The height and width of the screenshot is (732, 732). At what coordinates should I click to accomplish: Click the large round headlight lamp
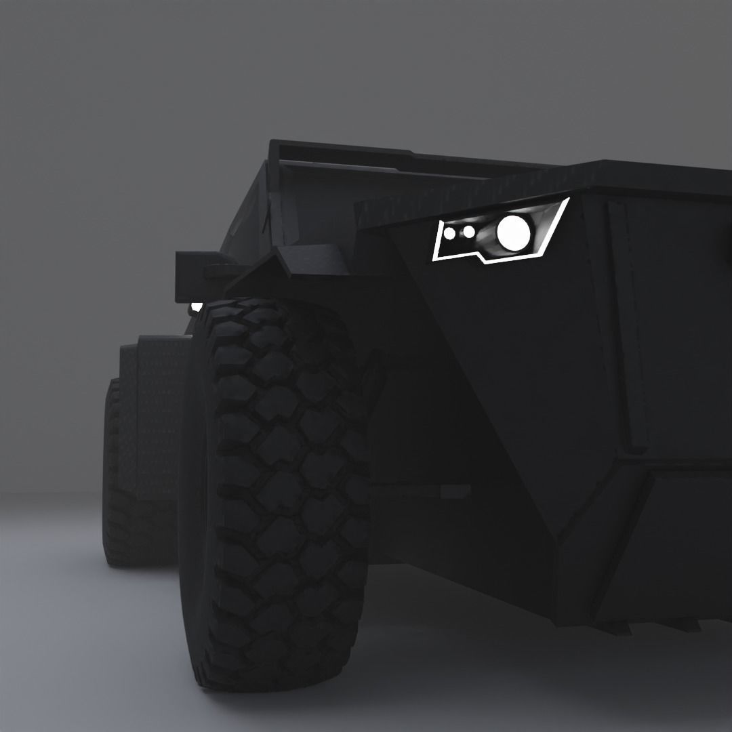pyautogui.click(x=513, y=232)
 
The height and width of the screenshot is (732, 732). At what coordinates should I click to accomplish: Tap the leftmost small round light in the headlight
pyautogui.click(x=449, y=234)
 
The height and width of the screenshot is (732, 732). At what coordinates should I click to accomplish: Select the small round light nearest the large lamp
pyautogui.click(x=468, y=232)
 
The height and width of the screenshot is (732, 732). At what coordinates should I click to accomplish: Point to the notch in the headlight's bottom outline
pyautogui.click(x=483, y=258)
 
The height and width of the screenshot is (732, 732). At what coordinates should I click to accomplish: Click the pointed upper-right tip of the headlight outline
pyautogui.click(x=568, y=199)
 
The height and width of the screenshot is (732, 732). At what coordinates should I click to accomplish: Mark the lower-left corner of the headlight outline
pyautogui.click(x=434, y=259)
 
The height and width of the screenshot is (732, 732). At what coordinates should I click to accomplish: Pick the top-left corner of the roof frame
pyautogui.click(x=272, y=144)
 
